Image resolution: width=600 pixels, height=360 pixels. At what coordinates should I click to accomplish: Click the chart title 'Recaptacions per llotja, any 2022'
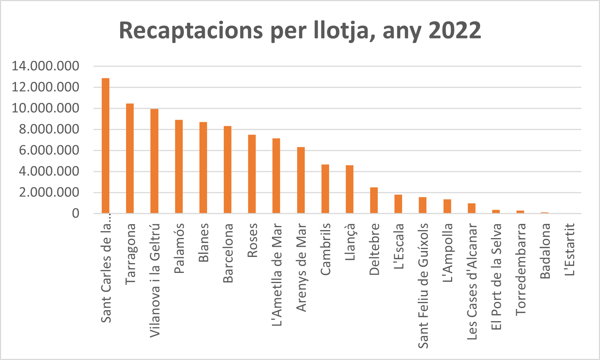(300, 30)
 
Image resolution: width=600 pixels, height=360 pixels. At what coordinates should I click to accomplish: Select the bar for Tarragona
(130, 158)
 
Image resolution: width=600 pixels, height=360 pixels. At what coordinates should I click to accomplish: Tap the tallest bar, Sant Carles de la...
(105, 146)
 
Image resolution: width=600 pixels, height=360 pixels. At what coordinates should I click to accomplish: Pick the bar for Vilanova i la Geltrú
(154, 161)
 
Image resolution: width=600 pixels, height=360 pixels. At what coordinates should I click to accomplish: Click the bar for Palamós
(179, 167)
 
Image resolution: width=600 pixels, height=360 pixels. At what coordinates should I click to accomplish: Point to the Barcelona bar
(227, 169)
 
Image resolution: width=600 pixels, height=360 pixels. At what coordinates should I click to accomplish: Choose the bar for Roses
(252, 174)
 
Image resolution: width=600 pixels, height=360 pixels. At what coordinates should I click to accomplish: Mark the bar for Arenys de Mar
(301, 180)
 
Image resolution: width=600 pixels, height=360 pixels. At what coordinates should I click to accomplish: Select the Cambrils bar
(325, 189)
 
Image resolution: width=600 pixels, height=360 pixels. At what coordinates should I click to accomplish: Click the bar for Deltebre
(374, 200)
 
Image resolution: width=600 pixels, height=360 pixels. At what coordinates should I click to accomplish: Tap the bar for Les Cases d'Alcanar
(471, 208)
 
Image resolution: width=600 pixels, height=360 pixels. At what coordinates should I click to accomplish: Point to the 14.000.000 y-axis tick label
(45, 66)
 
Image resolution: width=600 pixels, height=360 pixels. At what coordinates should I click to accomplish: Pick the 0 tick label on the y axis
(75, 213)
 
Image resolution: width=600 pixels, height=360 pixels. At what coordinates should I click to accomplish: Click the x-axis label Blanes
(203, 242)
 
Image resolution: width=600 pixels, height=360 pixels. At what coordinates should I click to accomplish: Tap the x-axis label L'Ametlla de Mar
(277, 275)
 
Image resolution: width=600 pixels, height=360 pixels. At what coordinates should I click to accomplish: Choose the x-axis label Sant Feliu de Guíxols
(423, 286)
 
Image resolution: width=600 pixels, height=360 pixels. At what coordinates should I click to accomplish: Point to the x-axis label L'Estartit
(570, 249)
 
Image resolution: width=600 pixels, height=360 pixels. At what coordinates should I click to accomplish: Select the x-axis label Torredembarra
(521, 269)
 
